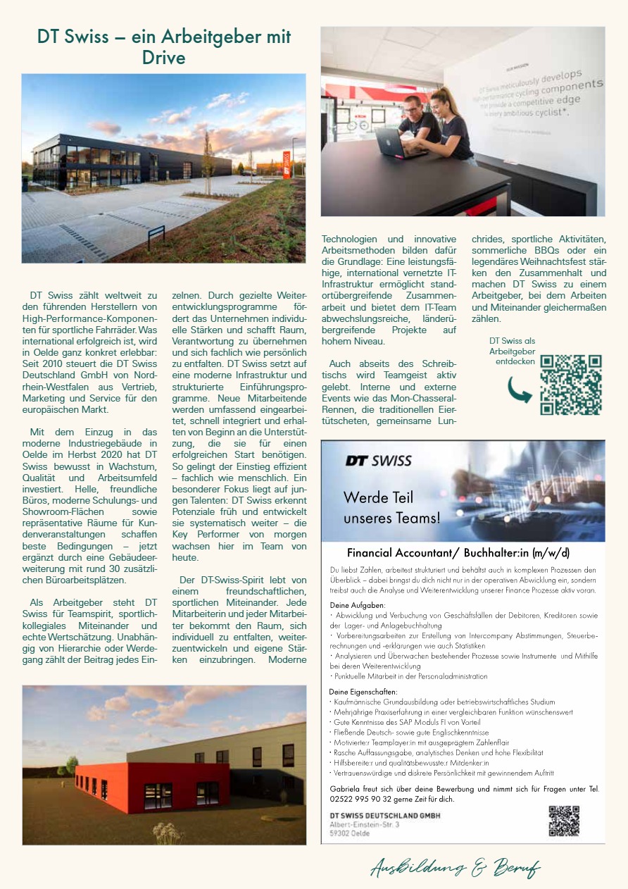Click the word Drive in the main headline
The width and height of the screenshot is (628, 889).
[163, 57]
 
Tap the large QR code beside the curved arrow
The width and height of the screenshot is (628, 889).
[570, 385]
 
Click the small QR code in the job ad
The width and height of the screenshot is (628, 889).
[563, 821]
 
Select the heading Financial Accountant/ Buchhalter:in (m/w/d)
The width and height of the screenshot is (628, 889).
[458, 552]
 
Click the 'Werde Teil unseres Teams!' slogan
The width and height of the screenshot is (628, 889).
[391, 508]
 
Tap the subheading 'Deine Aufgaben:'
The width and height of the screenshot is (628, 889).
[357, 605]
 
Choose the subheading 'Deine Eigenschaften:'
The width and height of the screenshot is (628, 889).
[363, 692]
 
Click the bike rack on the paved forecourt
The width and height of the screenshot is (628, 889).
[156, 236]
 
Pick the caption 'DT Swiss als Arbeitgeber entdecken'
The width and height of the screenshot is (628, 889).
[512, 351]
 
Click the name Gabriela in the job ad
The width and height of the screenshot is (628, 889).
[346, 789]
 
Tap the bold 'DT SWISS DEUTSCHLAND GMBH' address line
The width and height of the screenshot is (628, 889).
[384, 816]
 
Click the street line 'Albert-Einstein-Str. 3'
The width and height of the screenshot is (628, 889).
[365, 823]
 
